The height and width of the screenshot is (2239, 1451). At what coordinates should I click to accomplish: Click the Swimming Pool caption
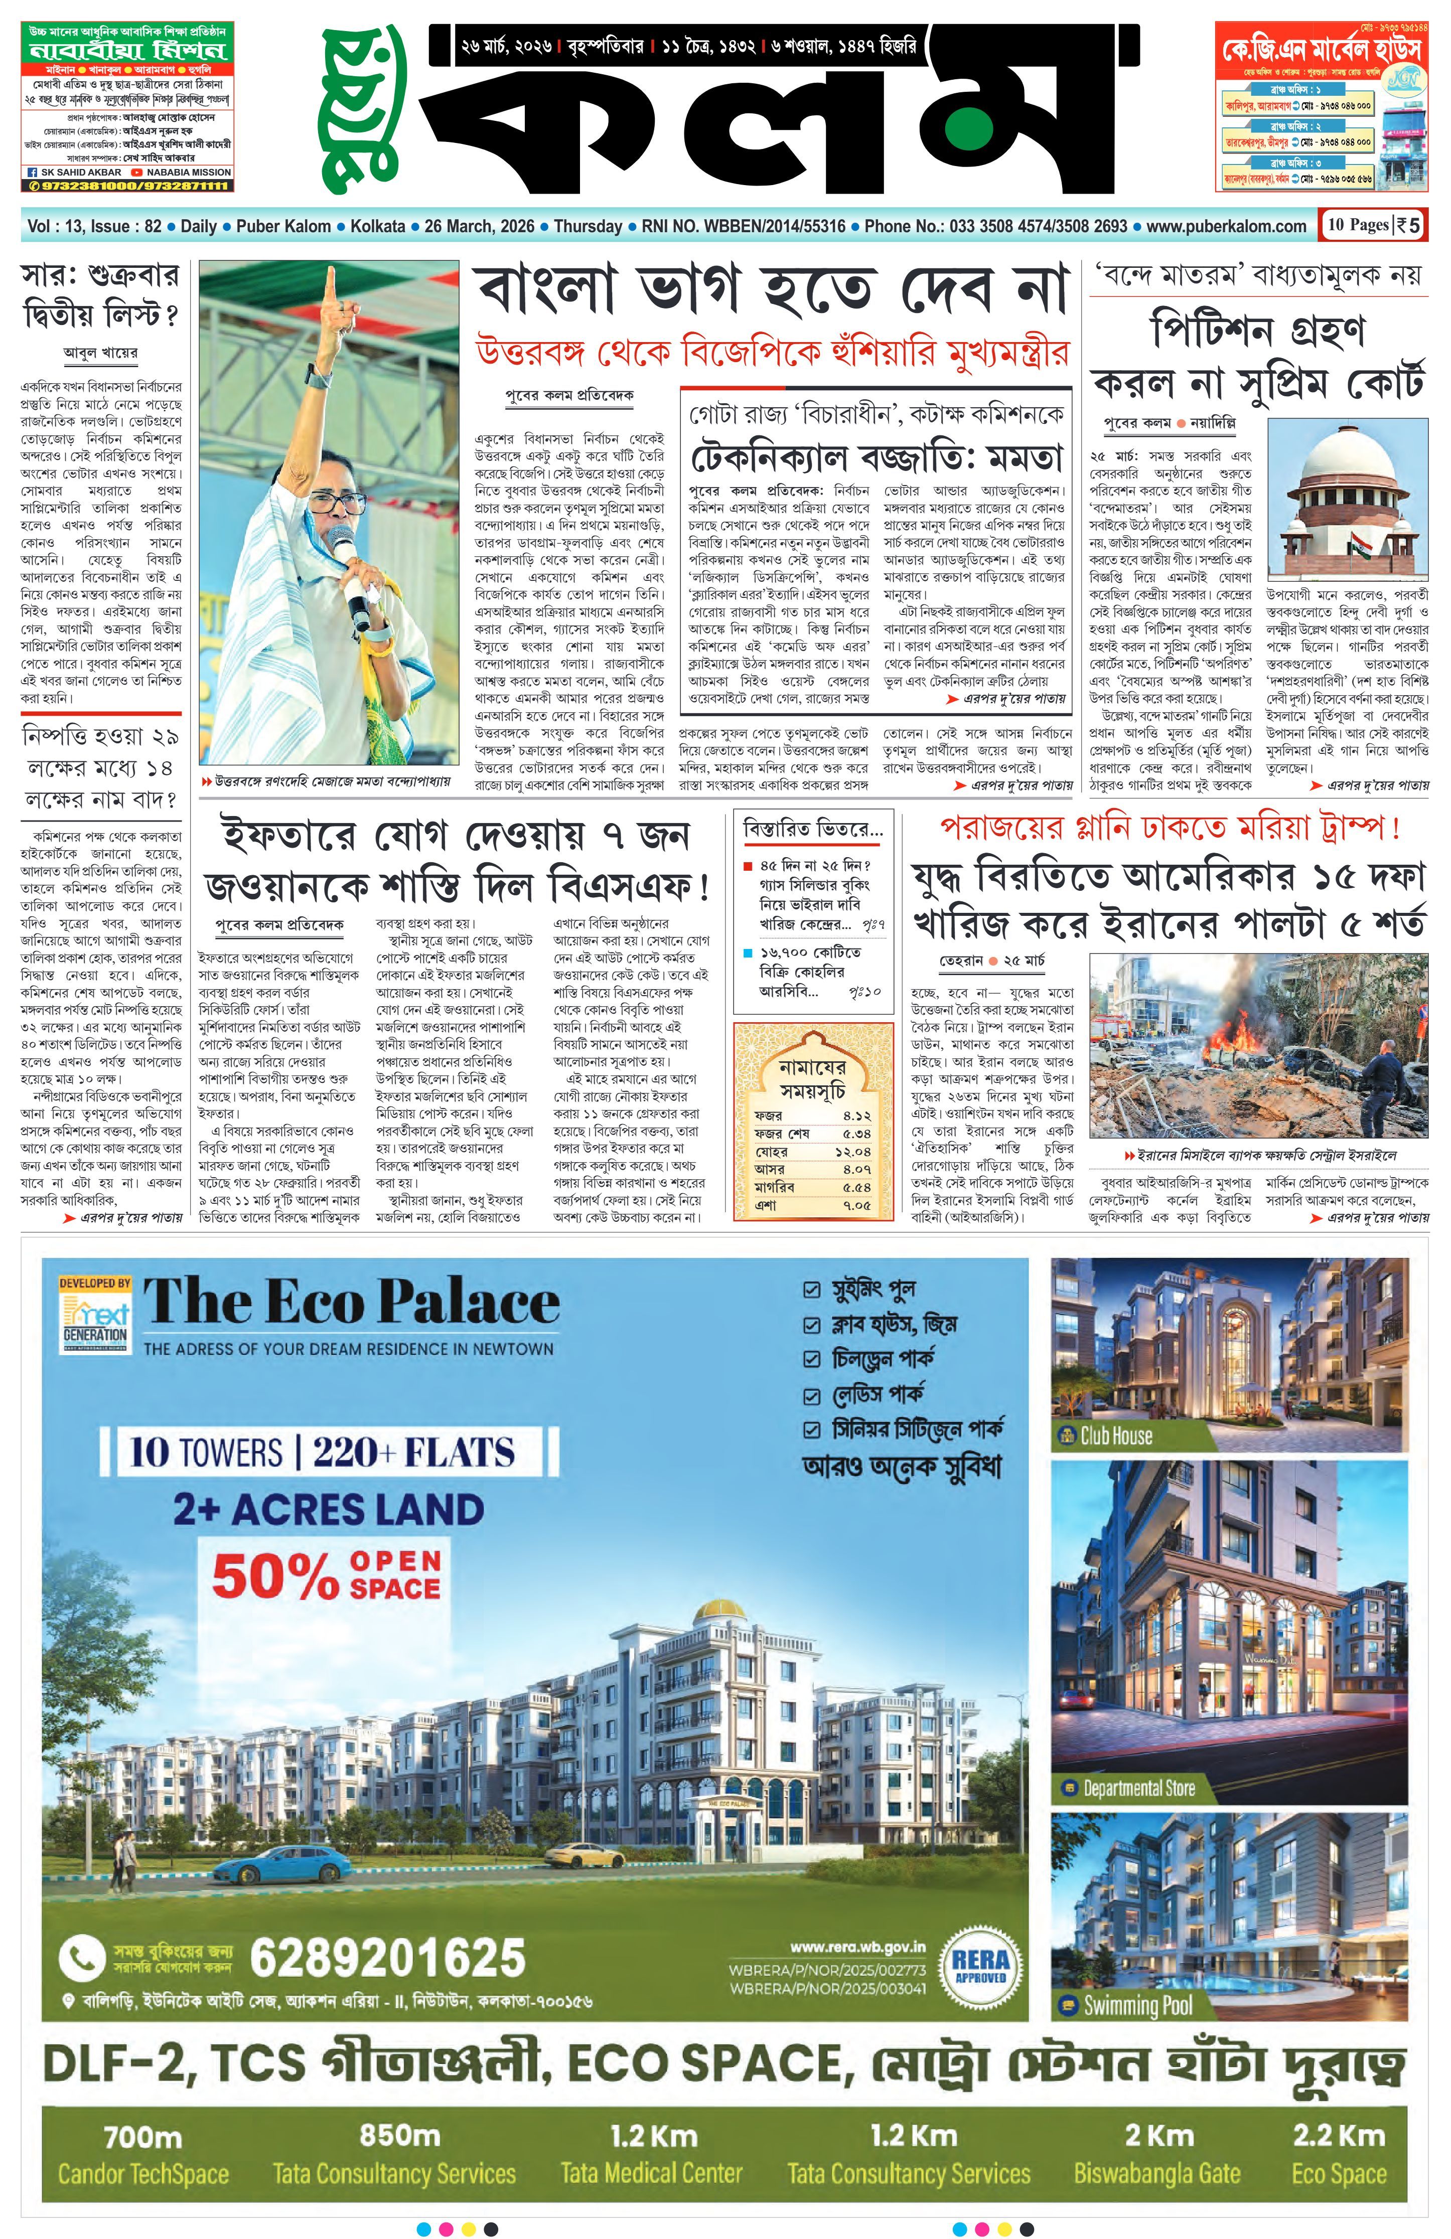(x=1137, y=2005)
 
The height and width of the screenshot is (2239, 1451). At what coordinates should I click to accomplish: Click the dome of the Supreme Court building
(x=1348, y=450)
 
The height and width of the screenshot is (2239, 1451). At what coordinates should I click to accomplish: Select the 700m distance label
(x=143, y=2137)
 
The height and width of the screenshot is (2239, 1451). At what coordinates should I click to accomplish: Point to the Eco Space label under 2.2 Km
(x=1338, y=2173)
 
